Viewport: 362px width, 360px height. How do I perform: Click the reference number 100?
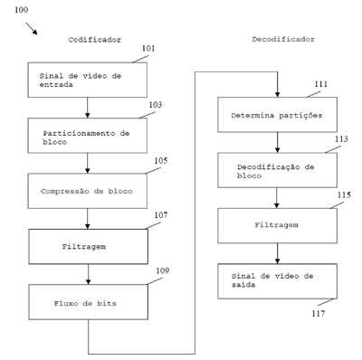(x=22, y=10)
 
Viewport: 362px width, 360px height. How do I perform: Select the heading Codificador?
(x=95, y=40)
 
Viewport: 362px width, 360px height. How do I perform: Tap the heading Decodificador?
(x=283, y=39)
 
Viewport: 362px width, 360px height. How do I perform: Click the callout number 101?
(x=148, y=48)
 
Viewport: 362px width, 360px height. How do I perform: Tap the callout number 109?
(x=163, y=270)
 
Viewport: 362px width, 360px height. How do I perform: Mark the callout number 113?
(x=341, y=139)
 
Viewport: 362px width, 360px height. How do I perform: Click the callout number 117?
(x=319, y=314)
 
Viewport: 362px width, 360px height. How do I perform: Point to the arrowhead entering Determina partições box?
(x=277, y=94)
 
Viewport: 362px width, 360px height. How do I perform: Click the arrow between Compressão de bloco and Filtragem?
(x=88, y=219)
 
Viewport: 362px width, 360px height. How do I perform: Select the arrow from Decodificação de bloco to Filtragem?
(x=277, y=198)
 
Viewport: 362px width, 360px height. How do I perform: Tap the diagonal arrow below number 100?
(x=32, y=28)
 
